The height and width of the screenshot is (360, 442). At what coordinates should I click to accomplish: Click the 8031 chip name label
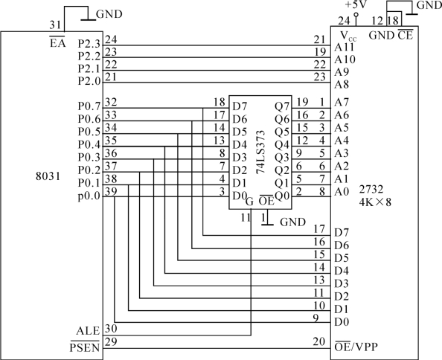[x=48, y=176]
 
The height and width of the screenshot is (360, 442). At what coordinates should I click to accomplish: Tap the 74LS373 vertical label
[x=260, y=152]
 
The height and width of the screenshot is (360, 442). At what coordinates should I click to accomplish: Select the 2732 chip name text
[x=371, y=189]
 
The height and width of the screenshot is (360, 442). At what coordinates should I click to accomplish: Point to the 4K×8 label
[x=375, y=202]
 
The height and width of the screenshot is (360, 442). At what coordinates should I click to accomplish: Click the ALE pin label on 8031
[x=88, y=331]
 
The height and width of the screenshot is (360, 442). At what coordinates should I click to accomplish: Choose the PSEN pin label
[x=85, y=347]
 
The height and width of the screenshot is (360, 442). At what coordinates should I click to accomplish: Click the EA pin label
[x=57, y=43]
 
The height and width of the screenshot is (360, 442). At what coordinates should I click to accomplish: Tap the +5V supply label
[x=355, y=4]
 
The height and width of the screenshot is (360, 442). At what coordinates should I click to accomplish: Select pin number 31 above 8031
[x=55, y=25]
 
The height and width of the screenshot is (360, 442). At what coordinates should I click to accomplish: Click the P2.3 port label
[x=89, y=44]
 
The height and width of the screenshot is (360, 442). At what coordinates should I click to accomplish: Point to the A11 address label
[x=345, y=47]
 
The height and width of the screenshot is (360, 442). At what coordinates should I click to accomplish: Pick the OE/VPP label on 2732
[x=356, y=346]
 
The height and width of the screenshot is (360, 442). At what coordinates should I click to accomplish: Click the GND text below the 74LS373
[x=292, y=222]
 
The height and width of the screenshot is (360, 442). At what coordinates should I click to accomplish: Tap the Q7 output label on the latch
[x=282, y=106]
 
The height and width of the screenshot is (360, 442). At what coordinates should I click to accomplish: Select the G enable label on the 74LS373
[x=249, y=202]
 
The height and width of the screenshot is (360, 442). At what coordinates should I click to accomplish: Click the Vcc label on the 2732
[x=348, y=36]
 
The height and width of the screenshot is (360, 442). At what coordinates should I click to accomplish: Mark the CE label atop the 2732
[x=406, y=35]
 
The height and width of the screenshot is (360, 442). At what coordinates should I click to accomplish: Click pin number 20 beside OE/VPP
[x=319, y=341]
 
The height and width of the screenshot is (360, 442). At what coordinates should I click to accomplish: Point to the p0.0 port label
[x=89, y=196]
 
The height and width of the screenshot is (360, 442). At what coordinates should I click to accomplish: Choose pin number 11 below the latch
[x=246, y=217]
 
